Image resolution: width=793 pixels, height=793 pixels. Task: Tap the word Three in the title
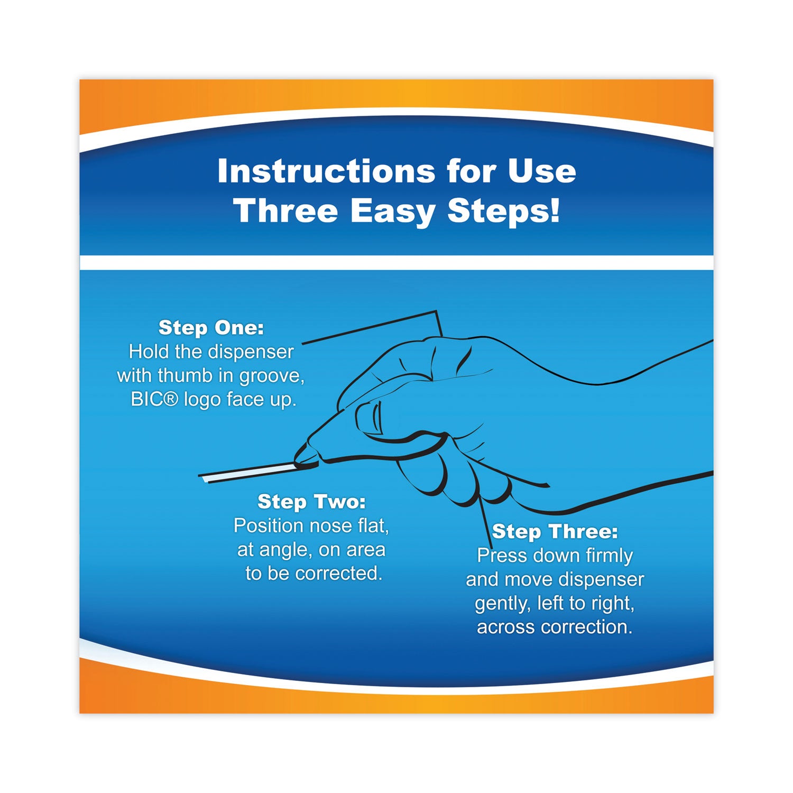click(286, 211)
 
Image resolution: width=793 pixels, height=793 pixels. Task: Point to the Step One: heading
click(211, 328)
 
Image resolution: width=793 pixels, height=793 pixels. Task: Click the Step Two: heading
click(311, 502)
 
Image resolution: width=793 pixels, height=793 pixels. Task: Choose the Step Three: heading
click(555, 531)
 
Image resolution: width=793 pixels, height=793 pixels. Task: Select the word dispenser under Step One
click(251, 352)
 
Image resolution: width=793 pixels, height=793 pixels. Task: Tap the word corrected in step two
click(338, 574)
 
